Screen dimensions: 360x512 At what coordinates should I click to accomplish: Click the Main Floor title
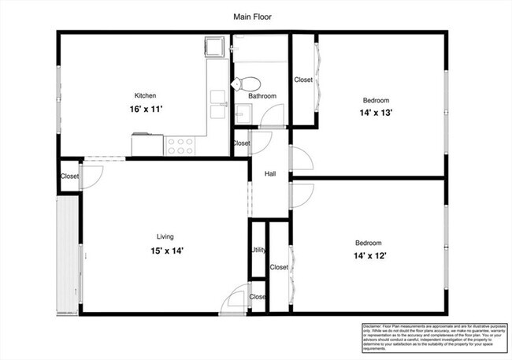pos(253,16)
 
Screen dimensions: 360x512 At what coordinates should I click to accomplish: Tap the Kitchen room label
pos(147,95)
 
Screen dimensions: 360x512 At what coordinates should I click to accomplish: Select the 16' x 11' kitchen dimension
pos(147,109)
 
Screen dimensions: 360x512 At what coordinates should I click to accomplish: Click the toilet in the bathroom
pos(249,84)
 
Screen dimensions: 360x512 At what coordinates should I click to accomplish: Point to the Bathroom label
pos(262,96)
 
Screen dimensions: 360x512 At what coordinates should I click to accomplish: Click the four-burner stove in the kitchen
pos(180,145)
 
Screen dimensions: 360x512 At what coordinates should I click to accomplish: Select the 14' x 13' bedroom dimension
pos(376,113)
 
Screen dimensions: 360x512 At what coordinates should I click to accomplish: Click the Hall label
pos(270,174)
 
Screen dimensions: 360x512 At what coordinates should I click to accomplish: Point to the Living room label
pos(165,236)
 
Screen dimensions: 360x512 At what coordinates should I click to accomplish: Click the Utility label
pos(258,251)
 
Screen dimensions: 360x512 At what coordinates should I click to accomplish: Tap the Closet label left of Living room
pos(69,176)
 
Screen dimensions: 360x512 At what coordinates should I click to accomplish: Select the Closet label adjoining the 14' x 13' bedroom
pos(303,80)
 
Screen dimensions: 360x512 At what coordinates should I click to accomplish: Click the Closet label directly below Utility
pos(258,297)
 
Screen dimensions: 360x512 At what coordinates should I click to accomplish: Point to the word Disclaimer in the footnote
pos(374,325)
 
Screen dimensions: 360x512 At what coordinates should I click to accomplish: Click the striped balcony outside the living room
pos(68,252)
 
